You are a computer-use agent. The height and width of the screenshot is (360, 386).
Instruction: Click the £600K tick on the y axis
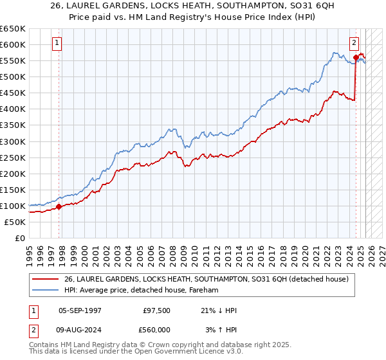13,44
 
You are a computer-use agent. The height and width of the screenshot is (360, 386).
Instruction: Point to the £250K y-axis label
13,157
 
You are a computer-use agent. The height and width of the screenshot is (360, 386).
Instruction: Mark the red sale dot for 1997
59,206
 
